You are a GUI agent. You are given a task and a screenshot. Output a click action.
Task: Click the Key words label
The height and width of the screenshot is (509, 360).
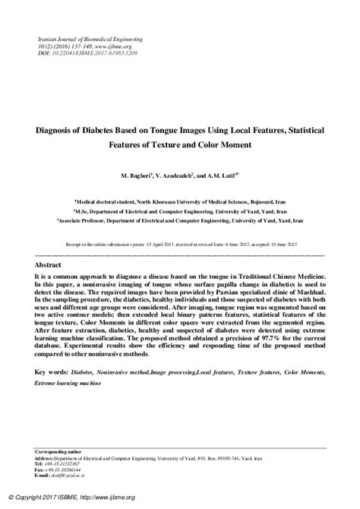coord(51,374)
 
